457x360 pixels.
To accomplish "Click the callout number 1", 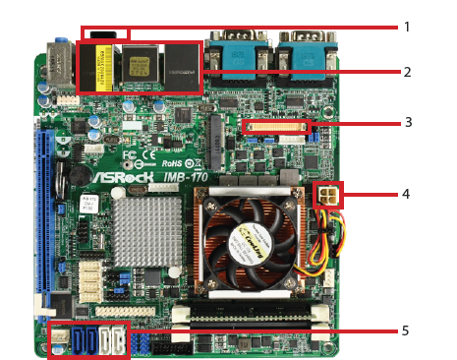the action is click(x=406, y=27).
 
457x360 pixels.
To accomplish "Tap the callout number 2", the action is click(x=406, y=72).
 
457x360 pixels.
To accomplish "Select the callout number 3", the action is click(x=406, y=123).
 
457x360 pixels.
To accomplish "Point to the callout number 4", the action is click(x=406, y=194).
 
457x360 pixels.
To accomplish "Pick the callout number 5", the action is click(x=406, y=330).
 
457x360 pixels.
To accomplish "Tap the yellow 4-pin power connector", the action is click(x=328, y=195).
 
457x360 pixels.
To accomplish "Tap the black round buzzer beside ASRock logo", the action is click(x=67, y=178).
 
